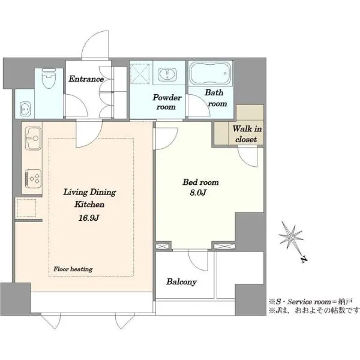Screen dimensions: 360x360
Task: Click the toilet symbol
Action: [x=49, y=79]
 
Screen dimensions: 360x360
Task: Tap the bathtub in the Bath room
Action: [x=210, y=73]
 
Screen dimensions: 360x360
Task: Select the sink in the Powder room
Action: [x=167, y=74]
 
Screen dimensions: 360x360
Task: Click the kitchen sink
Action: [x=33, y=139]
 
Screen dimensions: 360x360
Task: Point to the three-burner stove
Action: [x=33, y=179]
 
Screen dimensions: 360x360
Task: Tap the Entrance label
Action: [x=86, y=79]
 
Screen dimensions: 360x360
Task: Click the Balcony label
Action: [x=181, y=282]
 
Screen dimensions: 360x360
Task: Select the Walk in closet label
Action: [x=247, y=134]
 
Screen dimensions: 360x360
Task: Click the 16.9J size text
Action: [x=89, y=218]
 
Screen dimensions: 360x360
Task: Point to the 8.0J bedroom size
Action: [x=198, y=193]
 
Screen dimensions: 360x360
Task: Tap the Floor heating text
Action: [x=73, y=269]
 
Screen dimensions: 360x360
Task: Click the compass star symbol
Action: [x=291, y=236]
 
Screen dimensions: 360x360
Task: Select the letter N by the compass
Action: [x=304, y=259]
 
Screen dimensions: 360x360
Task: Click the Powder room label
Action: [x=167, y=102]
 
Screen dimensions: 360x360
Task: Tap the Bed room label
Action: [x=200, y=182]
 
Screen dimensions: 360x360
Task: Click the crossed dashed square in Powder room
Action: [x=140, y=73]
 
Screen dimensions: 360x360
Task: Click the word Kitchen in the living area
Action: [x=89, y=204]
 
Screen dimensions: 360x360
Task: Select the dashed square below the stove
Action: [x=26, y=208]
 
